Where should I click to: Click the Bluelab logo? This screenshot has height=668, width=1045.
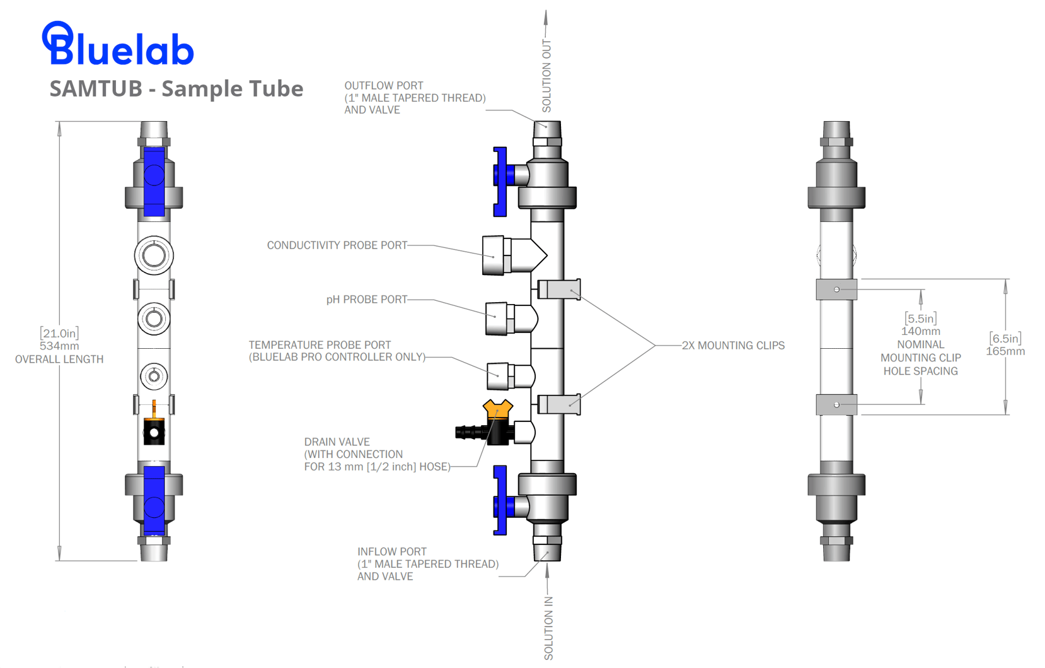[118, 44]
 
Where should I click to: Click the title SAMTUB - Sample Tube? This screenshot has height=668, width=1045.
[176, 88]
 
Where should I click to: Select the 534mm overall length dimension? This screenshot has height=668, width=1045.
[59, 346]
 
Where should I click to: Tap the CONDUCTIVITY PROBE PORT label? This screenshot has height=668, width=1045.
[337, 245]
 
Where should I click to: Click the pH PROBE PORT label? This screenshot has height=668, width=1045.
[366, 299]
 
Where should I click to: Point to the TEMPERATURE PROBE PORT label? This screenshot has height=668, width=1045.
[320, 345]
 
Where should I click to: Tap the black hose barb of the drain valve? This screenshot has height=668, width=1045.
[468, 433]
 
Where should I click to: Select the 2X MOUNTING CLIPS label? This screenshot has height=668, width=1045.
[733, 345]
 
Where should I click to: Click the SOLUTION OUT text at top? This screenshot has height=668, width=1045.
[546, 76]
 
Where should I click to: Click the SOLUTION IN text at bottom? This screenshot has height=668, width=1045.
[548, 628]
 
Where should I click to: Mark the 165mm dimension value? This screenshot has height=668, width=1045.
[1005, 351]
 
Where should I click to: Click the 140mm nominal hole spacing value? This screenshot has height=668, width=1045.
[920, 331]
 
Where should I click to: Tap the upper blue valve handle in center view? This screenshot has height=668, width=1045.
[500, 181]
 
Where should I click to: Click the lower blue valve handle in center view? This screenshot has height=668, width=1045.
[500, 500]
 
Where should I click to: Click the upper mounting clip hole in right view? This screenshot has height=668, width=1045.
[836, 290]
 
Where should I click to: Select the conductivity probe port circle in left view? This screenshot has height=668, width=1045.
[154, 255]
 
